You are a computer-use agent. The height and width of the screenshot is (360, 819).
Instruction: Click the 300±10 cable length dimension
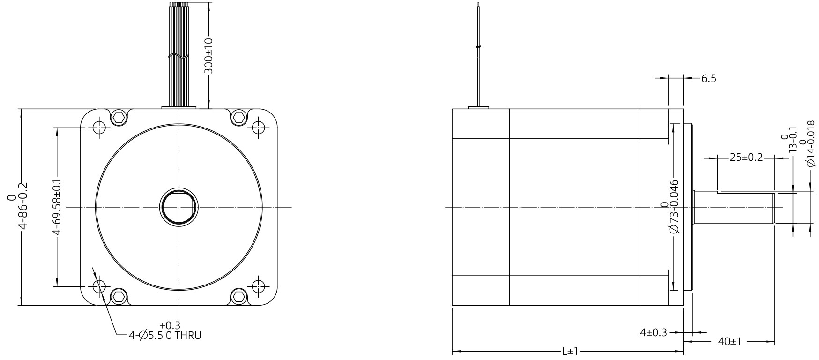209,55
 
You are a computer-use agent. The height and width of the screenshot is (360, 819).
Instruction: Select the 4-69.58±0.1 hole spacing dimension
56,207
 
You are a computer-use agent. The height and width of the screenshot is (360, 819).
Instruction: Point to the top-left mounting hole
98,127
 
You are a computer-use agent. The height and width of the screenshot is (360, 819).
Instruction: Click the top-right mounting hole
258,127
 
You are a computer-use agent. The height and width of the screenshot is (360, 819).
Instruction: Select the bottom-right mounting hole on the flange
258,286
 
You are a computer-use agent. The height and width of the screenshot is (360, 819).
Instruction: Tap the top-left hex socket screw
119,117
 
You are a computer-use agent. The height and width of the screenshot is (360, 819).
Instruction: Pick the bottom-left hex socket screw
119,296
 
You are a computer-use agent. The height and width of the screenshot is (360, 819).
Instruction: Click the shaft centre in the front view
179,207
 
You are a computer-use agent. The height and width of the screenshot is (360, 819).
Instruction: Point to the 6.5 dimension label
708,78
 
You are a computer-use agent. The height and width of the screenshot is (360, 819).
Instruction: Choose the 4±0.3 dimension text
653,332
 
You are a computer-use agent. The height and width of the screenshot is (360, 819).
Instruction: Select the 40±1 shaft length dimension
729,342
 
